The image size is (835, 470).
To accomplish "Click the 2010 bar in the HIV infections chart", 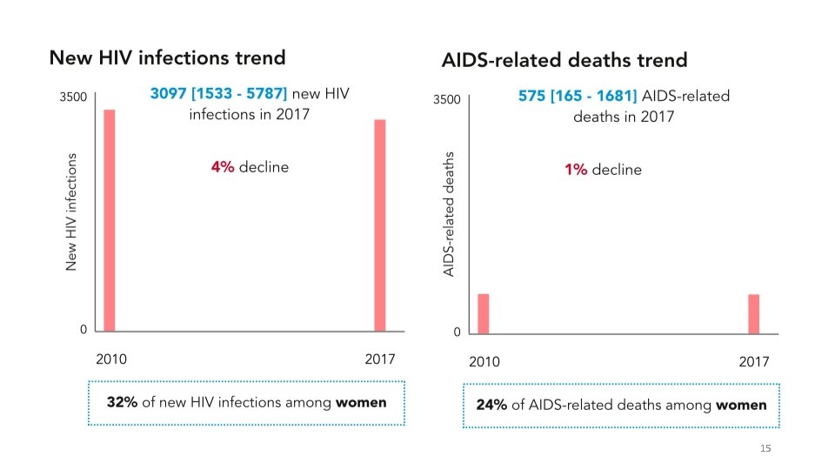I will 110,220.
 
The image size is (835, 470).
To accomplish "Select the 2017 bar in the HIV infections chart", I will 380,225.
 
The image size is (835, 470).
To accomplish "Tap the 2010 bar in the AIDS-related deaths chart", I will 483,314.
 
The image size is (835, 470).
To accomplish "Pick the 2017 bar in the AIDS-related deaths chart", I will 754,314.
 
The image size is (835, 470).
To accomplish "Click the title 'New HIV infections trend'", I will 167,58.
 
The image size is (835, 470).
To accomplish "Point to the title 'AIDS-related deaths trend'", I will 564,60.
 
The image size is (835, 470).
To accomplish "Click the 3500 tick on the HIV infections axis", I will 73,97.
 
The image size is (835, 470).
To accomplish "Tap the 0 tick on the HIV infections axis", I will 83,330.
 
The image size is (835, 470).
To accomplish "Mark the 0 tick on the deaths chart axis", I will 457,332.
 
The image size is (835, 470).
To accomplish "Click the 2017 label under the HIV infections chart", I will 379,359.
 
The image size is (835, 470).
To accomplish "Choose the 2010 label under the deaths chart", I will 484,362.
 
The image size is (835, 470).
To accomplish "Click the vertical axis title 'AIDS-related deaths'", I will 449,214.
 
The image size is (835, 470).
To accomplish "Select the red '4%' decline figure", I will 222,167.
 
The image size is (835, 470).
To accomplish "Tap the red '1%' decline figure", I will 575,170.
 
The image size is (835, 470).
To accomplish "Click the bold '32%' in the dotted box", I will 122,403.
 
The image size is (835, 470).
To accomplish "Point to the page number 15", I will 765,448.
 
